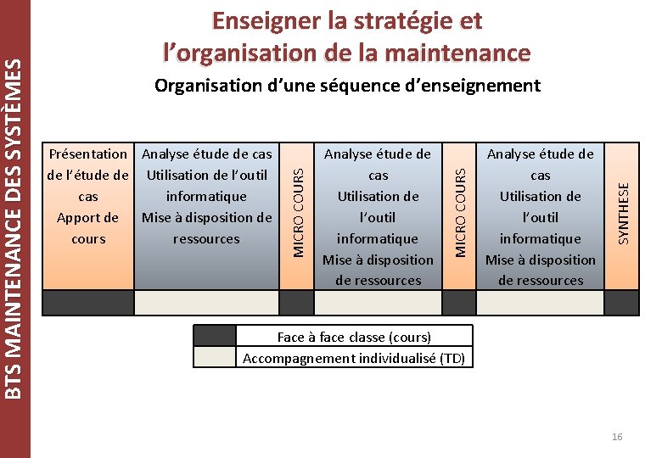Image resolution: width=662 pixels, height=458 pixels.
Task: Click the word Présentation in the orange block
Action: pos(88,154)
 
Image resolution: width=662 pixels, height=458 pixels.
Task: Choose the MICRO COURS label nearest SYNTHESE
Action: pos(460,209)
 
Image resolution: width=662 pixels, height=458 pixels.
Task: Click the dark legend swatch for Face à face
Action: pos(215,337)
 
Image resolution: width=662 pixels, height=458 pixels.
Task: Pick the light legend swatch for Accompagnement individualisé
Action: pos(215,358)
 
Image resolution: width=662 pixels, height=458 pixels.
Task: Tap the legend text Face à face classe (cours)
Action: pos(354,337)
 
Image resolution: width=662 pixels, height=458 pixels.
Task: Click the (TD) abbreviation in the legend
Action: pos(452,358)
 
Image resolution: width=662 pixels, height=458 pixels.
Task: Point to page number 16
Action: pos(616,437)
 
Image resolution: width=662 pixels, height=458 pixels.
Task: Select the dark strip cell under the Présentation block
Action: pos(88,303)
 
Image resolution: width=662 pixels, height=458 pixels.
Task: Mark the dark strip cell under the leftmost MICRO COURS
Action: pos(297,303)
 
